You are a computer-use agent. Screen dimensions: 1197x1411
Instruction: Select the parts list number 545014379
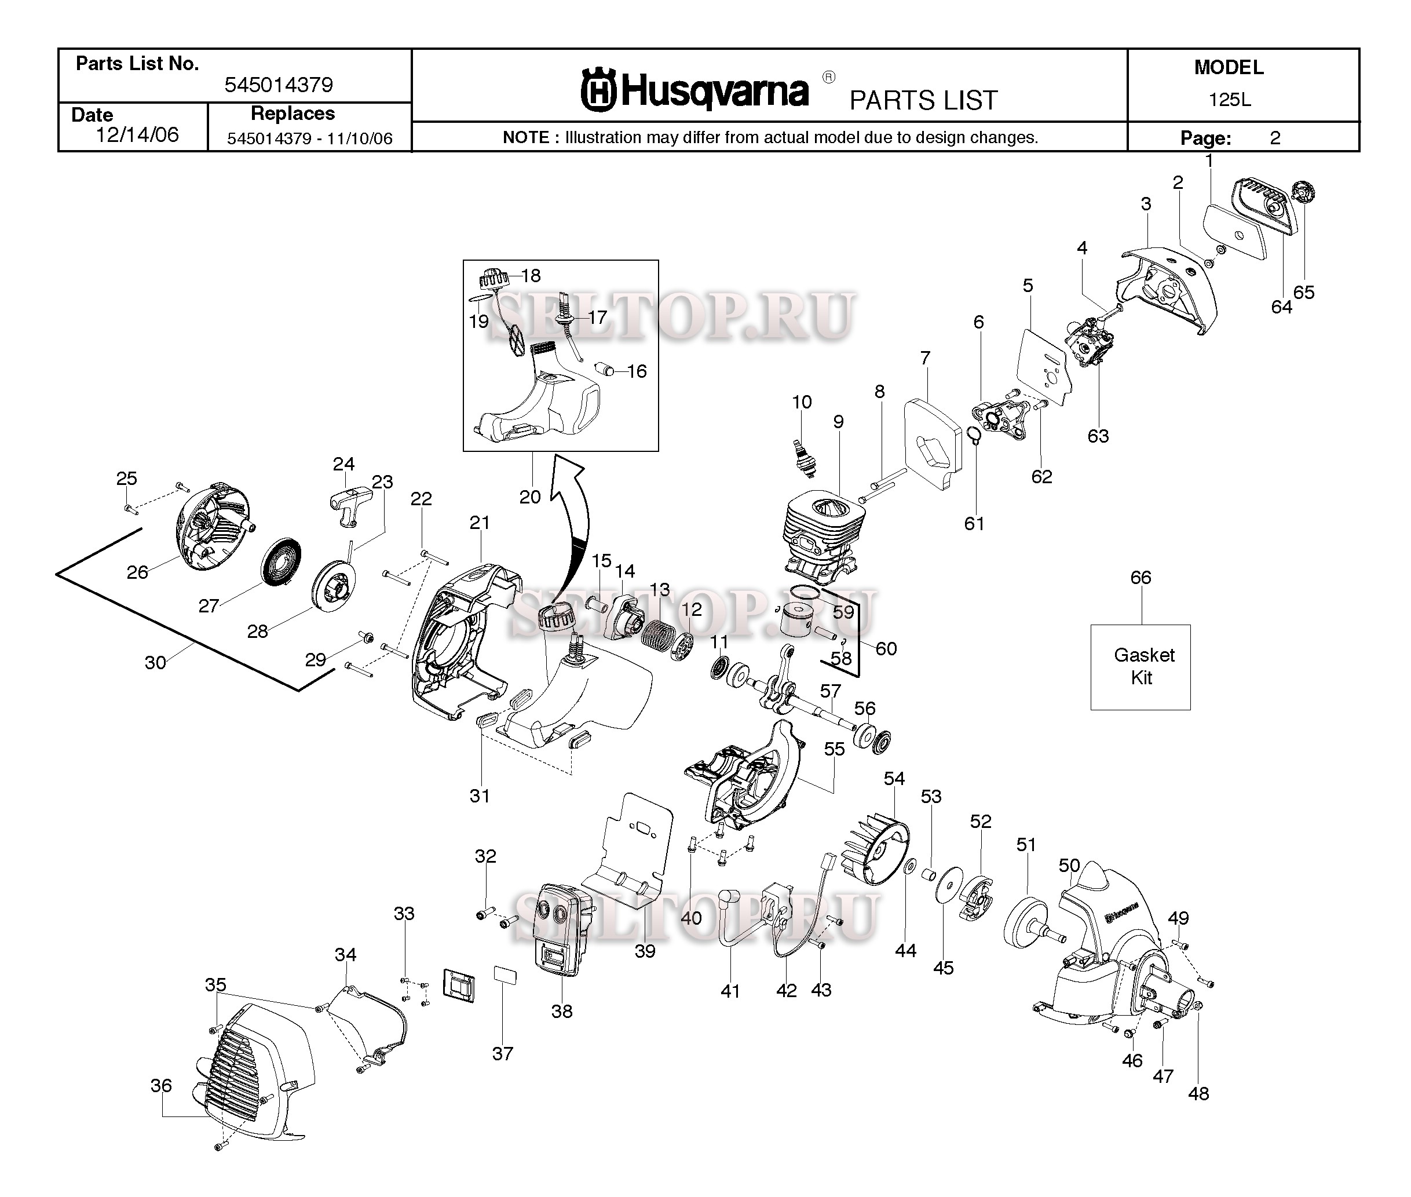(x=278, y=85)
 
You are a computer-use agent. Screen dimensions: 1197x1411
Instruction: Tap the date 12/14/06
(x=137, y=134)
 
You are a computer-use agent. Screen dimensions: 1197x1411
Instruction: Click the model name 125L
(x=1229, y=100)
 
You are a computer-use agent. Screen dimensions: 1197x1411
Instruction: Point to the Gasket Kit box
(x=1141, y=667)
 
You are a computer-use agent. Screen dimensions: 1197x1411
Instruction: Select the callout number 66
(x=1141, y=578)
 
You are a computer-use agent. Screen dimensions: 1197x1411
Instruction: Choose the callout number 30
(x=155, y=662)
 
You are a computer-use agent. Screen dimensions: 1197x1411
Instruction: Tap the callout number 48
(x=1198, y=1093)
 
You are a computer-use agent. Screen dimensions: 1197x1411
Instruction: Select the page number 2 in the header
(x=1275, y=138)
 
